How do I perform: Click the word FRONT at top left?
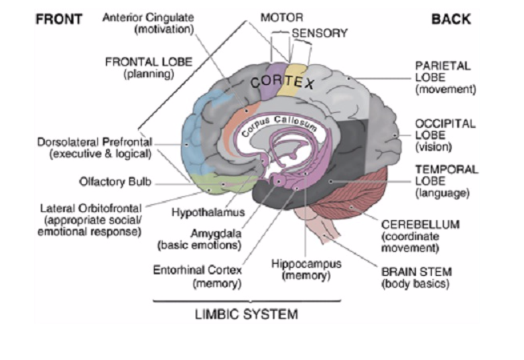(x=58, y=19)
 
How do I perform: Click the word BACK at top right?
(x=452, y=19)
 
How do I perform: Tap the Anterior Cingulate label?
(x=147, y=23)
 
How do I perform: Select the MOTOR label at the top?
(x=282, y=17)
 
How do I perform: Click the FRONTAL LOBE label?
(x=149, y=68)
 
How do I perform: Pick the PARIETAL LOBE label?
(x=442, y=77)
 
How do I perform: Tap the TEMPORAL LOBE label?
(x=446, y=180)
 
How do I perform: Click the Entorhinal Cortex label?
(x=198, y=276)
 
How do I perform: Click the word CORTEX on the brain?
(x=282, y=82)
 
